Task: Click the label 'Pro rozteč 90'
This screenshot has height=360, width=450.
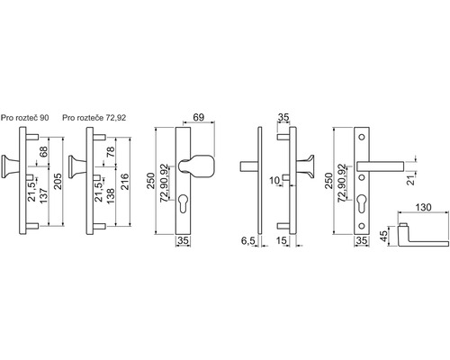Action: (24, 118)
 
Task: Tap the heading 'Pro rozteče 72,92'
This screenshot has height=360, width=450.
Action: (94, 118)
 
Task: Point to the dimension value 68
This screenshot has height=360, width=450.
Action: (43, 152)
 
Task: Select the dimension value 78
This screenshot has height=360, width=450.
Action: (111, 152)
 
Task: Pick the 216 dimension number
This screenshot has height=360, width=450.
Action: (124, 181)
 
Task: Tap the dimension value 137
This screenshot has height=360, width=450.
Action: (43, 196)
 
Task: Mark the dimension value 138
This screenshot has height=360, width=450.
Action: (111, 196)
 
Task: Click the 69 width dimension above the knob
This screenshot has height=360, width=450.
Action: (199, 117)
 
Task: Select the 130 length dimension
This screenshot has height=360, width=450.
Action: (423, 207)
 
